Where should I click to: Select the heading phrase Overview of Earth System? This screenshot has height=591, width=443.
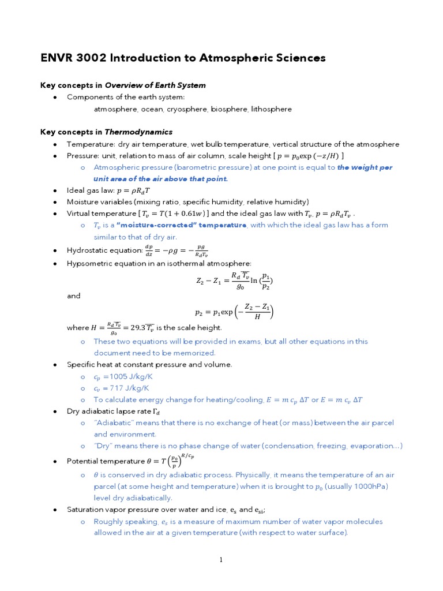click(155, 85)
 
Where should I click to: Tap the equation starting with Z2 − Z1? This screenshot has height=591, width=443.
click(234, 281)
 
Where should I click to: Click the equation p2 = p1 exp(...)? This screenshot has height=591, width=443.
click(234, 312)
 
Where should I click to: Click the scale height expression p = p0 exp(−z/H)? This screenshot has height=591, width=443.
click(309, 156)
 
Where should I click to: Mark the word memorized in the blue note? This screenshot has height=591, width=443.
click(194, 353)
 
